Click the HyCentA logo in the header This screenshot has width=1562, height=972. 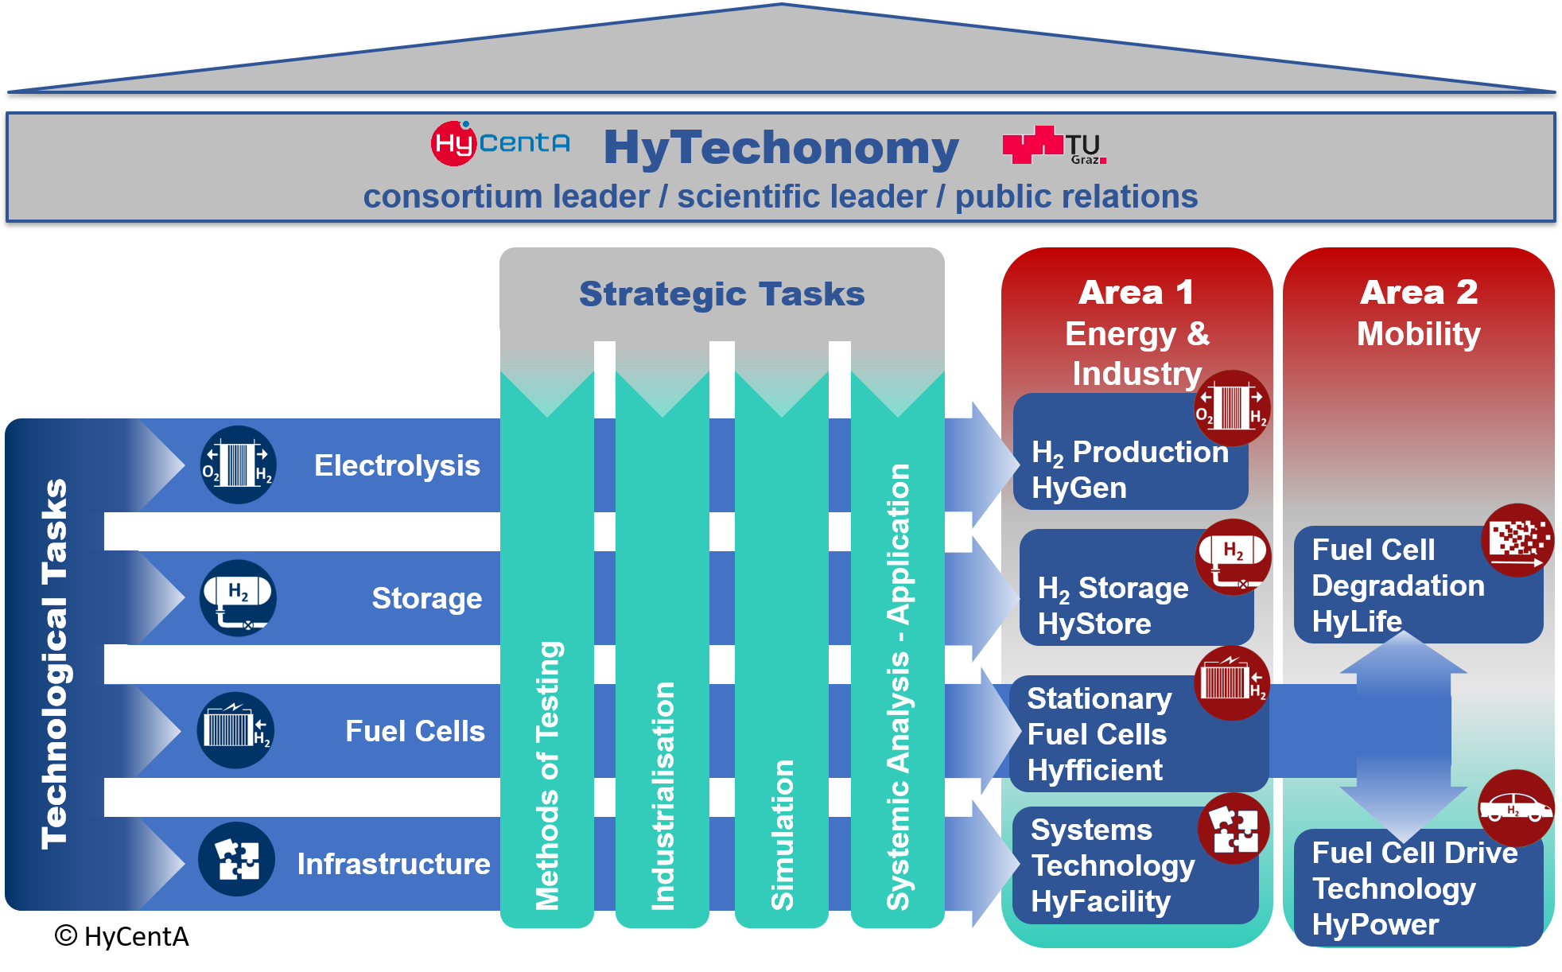[x=500, y=143]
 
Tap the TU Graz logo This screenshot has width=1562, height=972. [x=1055, y=145]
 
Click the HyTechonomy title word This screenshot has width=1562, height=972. [x=781, y=148]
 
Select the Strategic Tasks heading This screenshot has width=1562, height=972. [x=721, y=294]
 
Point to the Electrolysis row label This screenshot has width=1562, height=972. [x=397, y=465]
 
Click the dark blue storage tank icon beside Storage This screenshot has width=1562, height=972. [x=238, y=597]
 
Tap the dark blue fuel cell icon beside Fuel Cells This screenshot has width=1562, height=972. [x=236, y=730]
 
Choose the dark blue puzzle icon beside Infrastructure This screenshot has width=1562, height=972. [x=237, y=860]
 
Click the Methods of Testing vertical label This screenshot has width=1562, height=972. [x=548, y=775]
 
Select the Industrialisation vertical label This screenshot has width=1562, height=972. [x=662, y=795]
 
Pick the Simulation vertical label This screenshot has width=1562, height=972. [x=783, y=834]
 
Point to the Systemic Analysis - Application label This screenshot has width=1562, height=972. [x=898, y=686]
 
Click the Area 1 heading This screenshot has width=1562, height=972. [x=1137, y=292]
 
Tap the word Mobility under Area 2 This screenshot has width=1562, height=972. [x=1419, y=333]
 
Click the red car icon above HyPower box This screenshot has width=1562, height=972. [x=1516, y=808]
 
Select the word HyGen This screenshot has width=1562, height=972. [x=1079, y=488]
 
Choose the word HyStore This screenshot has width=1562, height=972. [x=1094, y=624]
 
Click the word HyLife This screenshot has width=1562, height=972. [x=1357, y=620]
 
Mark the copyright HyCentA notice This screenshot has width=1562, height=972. [x=122, y=936]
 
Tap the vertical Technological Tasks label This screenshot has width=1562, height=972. [x=55, y=664]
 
